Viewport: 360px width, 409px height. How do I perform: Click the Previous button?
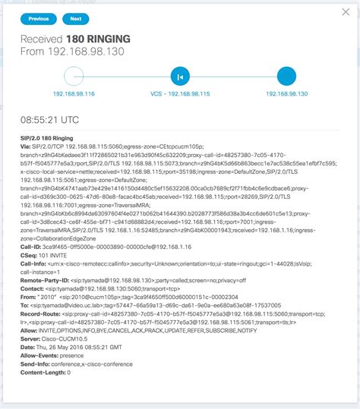(x=37, y=18)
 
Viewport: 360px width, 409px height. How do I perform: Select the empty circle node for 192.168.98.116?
(x=74, y=76)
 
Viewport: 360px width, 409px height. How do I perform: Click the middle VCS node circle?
(x=180, y=76)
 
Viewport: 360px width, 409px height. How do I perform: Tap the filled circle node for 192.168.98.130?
(x=286, y=76)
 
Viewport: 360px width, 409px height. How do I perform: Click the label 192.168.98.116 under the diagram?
(x=74, y=93)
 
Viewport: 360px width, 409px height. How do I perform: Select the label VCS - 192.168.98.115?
(x=180, y=93)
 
